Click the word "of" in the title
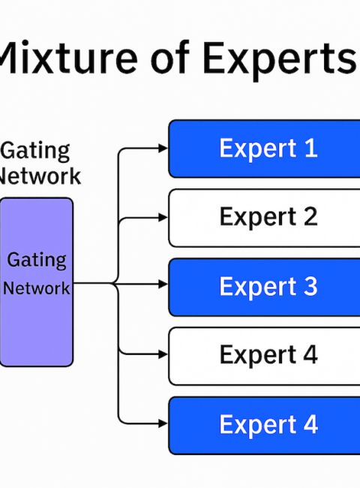(x=169, y=58)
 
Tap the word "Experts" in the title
(x=280, y=60)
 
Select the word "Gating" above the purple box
(x=35, y=151)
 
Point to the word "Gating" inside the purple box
(x=37, y=261)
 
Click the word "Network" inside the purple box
(x=37, y=288)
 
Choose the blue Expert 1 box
(x=264, y=149)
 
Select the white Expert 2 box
(x=264, y=218)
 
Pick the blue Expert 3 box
(x=264, y=287)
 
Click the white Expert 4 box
(x=264, y=357)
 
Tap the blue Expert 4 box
(x=264, y=426)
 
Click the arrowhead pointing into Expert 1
(x=163, y=149)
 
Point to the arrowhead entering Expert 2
(x=163, y=218)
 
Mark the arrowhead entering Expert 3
(x=163, y=284)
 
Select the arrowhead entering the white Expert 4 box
(x=163, y=354)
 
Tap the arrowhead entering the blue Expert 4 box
(x=163, y=423)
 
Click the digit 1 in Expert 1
(x=311, y=148)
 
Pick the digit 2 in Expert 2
(x=310, y=216)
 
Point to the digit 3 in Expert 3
(x=310, y=286)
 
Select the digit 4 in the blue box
(x=310, y=424)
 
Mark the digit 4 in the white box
(x=310, y=354)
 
